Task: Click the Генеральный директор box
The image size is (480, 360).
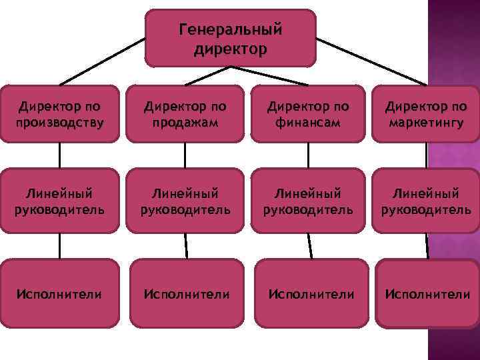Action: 230,38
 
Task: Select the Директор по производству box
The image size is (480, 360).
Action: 60,113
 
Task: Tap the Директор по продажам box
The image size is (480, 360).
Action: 185,113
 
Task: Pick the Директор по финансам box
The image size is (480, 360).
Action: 308,113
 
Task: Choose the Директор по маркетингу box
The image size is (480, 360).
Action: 425,113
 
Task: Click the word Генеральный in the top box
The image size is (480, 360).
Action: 231,30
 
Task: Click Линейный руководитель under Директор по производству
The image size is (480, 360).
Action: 60,201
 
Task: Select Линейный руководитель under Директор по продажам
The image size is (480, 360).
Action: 185,201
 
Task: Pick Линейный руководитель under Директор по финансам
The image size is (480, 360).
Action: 308,201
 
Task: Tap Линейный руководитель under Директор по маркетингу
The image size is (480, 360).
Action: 425,201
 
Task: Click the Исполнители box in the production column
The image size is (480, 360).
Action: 60,293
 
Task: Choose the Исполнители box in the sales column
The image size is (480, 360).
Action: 187,293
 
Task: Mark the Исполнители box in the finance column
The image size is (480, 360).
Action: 311,293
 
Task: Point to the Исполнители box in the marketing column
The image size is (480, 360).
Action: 427,293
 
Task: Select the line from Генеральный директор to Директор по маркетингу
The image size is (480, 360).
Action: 370,61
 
